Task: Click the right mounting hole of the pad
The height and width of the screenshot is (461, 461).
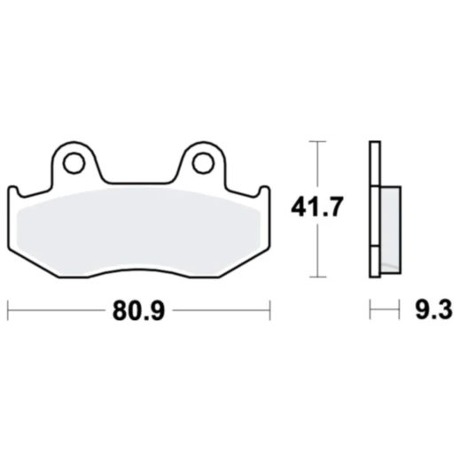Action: [203, 162]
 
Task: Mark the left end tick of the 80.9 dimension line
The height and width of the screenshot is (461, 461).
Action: [8, 310]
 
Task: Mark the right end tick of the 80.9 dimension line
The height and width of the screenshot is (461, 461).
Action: [269, 310]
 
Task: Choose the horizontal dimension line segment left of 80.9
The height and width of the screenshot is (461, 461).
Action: [53, 310]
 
